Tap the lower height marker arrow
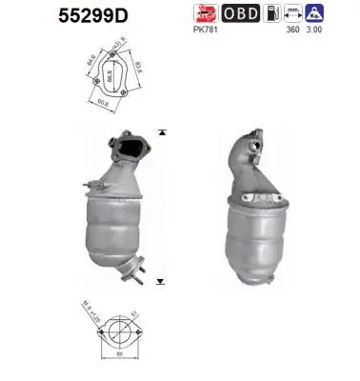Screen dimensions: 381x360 click(162, 282)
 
